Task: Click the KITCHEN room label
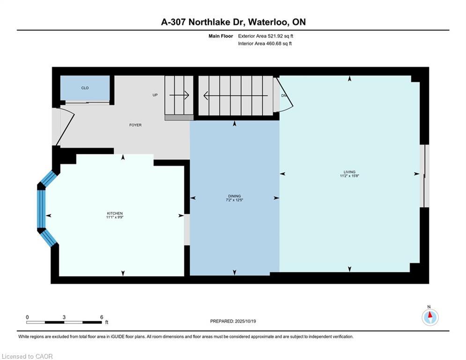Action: click(x=115, y=213)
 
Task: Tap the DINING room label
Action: click(x=234, y=196)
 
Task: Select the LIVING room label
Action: click(x=349, y=172)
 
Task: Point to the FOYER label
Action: click(x=135, y=125)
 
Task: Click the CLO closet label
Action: click(x=85, y=88)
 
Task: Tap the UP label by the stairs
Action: click(x=155, y=95)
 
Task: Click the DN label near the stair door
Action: click(x=283, y=96)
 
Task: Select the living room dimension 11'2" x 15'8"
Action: click(x=349, y=176)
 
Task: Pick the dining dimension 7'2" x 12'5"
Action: click(x=234, y=200)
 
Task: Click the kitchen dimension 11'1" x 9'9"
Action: click(x=115, y=217)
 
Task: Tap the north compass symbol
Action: click(x=429, y=316)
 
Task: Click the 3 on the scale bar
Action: click(x=64, y=317)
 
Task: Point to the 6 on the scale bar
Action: click(x=101, y=317)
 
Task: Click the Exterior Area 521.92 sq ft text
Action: click(x=266, y=36)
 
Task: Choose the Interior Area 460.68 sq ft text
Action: click(x=265, y=44)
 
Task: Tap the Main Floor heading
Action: click(x=221, y=36)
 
